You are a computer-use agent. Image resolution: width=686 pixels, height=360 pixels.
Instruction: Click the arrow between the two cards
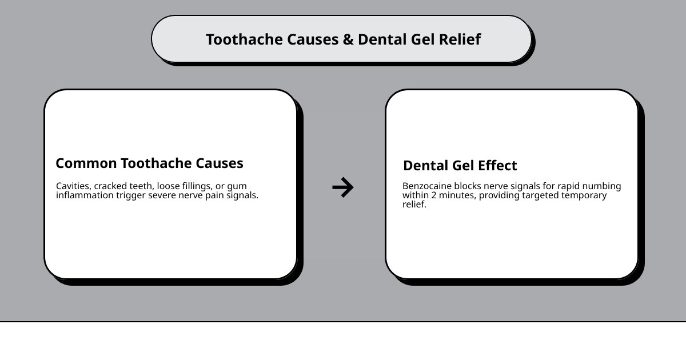click(x=343, y=187)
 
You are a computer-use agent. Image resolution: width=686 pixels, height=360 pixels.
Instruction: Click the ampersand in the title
click(x=348, y=39)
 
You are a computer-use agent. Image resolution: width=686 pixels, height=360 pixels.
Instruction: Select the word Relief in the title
click(x=460, y=39)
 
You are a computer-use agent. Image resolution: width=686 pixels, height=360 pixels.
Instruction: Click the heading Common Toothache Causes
click(x=149, y=163)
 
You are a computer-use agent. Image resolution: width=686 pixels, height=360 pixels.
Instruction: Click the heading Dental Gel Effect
click(x=460, y=166)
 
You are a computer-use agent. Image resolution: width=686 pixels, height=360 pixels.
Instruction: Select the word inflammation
click(x=85, y=195)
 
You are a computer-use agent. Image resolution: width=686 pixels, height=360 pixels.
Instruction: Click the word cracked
click(x=111, y=186)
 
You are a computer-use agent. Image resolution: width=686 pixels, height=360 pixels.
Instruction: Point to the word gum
click(x=237, y=186)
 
